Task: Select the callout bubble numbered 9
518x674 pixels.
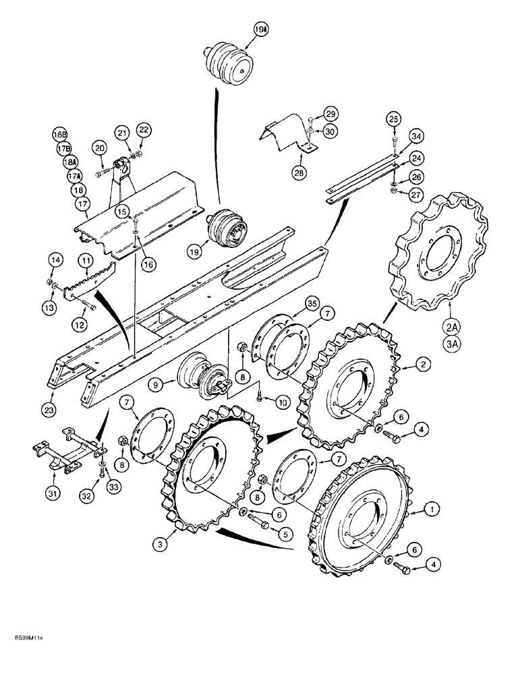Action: pyautogui.click(x=156, y=385)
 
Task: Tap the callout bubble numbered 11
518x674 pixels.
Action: pyautogui.click(x=85, y=259)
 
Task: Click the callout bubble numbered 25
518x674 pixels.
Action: pyautogui.click(x=394, y=119)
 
